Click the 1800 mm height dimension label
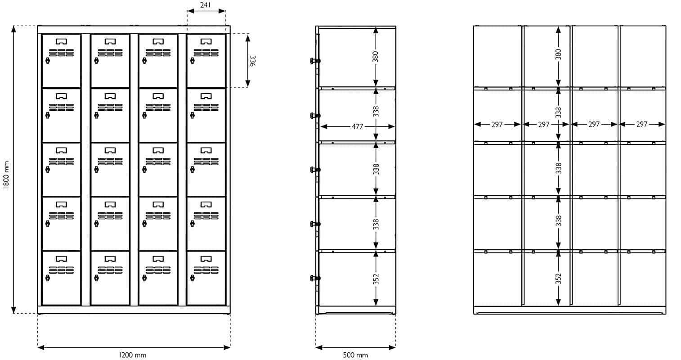point(6,175)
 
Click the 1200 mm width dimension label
point(132,355)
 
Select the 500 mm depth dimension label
point(355,355)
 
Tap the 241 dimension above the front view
point(206,5)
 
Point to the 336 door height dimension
point(253,60)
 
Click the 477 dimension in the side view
point(358,126)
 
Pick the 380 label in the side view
point(376,57)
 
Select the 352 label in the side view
point(376,279)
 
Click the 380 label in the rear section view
point(558,54)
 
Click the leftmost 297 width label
point(497,124)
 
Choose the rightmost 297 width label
point(641,124)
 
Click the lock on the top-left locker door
point(47,61)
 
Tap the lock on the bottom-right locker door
point(193,278)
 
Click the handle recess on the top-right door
point(206,41)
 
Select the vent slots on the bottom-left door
point(62,270)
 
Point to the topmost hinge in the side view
point(315,61)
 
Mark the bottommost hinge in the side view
point(315,278)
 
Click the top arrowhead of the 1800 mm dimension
point(13,29)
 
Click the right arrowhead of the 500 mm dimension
point(392,347)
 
